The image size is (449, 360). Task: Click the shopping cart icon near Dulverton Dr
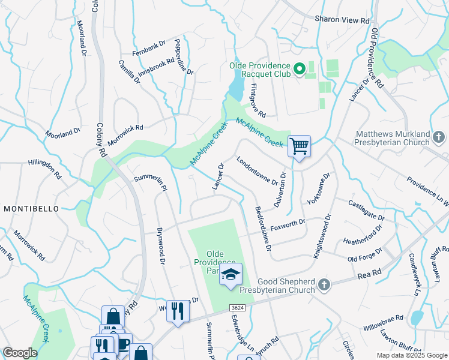tap(299, 146)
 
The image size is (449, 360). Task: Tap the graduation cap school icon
tap(230, 275)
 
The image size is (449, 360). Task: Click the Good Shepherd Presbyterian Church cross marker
tap(324, 285)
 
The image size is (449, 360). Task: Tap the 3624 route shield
tap(237, 307)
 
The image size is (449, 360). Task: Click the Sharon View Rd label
tap(342, 20)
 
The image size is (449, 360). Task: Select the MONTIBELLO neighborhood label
tap(31, 208)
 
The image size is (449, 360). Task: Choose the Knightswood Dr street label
tap(321, 238)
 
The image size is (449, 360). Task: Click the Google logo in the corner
tap(20, 353)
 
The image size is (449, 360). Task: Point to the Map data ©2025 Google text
tap(411, 355)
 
